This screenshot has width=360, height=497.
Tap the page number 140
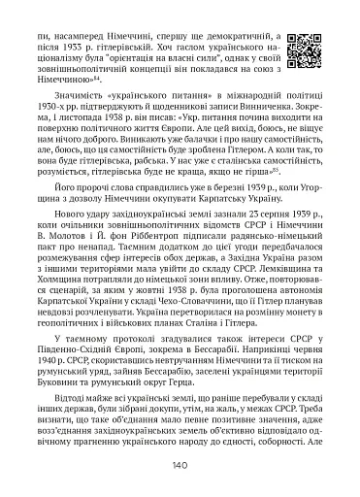click(180, 466)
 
